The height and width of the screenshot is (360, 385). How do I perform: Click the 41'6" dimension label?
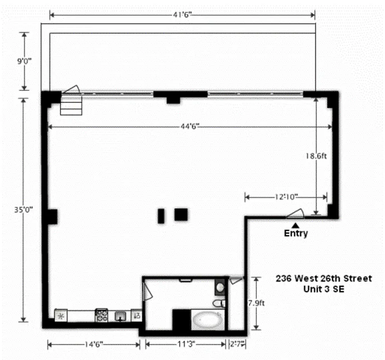tap(181, 15)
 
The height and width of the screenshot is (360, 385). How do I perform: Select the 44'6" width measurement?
tap(187, 127)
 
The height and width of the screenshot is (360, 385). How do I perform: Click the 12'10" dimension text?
tap(285, 197)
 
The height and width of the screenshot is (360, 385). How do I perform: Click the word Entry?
tap(296, 234)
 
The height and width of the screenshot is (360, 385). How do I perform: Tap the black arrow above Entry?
tap(295, 225)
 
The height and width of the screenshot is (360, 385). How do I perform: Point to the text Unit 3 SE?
tap(324, 290)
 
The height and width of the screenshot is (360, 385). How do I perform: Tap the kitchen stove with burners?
tap(101, 315)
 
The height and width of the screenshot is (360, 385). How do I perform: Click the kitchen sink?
tap(120, 316)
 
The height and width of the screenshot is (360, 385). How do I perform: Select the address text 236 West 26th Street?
tap(324, 279)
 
